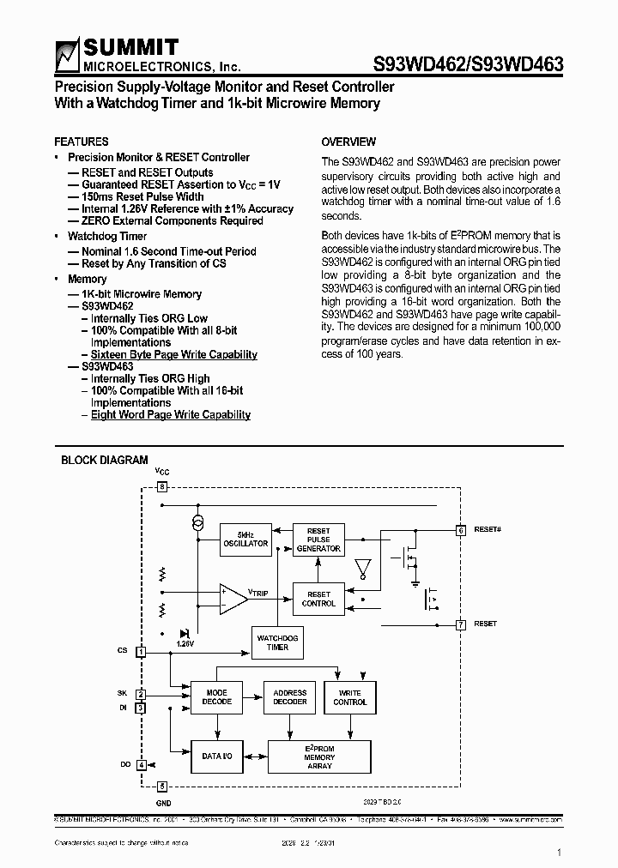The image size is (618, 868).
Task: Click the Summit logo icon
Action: tap(68, 56)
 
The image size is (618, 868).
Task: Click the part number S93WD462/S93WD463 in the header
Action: tap(468, 63)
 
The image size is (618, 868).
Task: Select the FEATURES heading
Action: tap(81, 142)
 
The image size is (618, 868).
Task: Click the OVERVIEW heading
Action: tap(348, 142)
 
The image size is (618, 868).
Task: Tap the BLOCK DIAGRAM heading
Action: tap(104, 461)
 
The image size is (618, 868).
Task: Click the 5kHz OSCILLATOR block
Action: tap(245, 539)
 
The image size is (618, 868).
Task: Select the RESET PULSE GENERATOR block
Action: tap(318, 539)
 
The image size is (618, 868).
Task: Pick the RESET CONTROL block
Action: tap(318, 599)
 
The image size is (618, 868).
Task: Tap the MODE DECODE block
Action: tap(216, 697)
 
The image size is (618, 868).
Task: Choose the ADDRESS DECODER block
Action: tap(289, 697)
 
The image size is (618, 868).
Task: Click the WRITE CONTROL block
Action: tap(349, 697)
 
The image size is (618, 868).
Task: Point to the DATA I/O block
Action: tap(216, 756)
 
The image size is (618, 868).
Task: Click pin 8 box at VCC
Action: tap(161, 486)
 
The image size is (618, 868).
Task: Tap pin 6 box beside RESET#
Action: tap(460, 530)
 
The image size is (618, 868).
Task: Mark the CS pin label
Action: tap(122, 651)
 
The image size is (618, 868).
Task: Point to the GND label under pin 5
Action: tap(163, 803)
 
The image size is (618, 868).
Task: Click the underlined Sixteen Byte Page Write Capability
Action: tap(174, 354)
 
